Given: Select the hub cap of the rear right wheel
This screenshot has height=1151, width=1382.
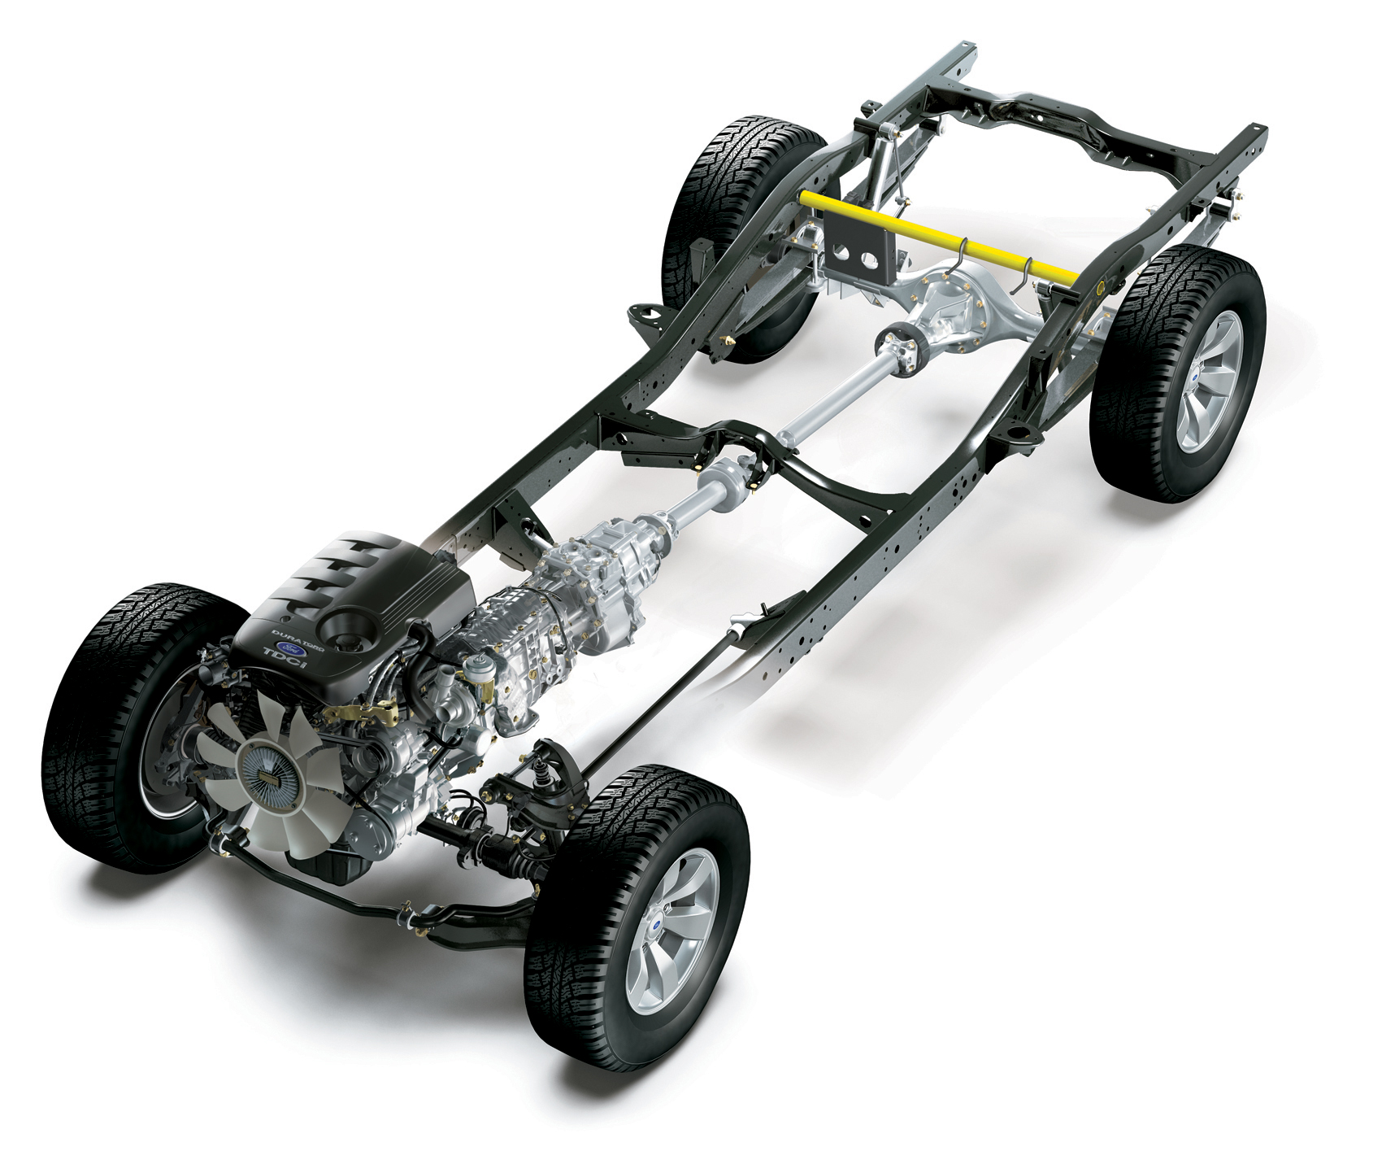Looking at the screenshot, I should [1211, 381].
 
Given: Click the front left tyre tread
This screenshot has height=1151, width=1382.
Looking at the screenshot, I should [89, 732].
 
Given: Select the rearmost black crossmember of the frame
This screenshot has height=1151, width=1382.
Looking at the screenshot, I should [1097, 138].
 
